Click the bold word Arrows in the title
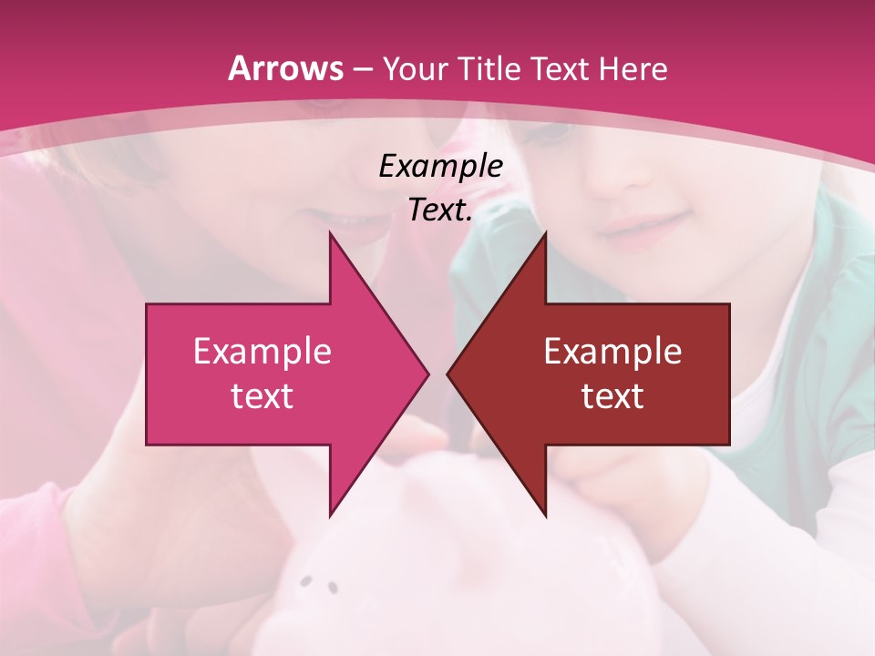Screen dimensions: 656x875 (x=285, y=68)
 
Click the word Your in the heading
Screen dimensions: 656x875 (x=416, y=68)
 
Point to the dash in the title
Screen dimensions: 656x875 (x=362, y=69)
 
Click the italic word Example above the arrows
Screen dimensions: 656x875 (x=441, y=166)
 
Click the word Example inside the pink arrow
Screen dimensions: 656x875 (x=262, y=352)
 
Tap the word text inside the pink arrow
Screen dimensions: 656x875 (x=262, y=395)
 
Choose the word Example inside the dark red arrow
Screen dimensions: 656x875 (x=612, y=352)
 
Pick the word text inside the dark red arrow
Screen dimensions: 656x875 (x=612, y=395)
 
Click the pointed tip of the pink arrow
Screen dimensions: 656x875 (x=427, y=374)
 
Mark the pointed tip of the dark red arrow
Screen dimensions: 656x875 (x=448, y=374)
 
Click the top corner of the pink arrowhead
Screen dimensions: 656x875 (x=330, y=233)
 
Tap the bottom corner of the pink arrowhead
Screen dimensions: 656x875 (x=330, y=516)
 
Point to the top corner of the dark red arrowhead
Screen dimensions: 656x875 (x=545, y=233)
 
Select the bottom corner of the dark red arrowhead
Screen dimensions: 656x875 (x=545, y=516)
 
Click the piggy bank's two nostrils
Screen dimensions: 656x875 (x=320, y=583)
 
